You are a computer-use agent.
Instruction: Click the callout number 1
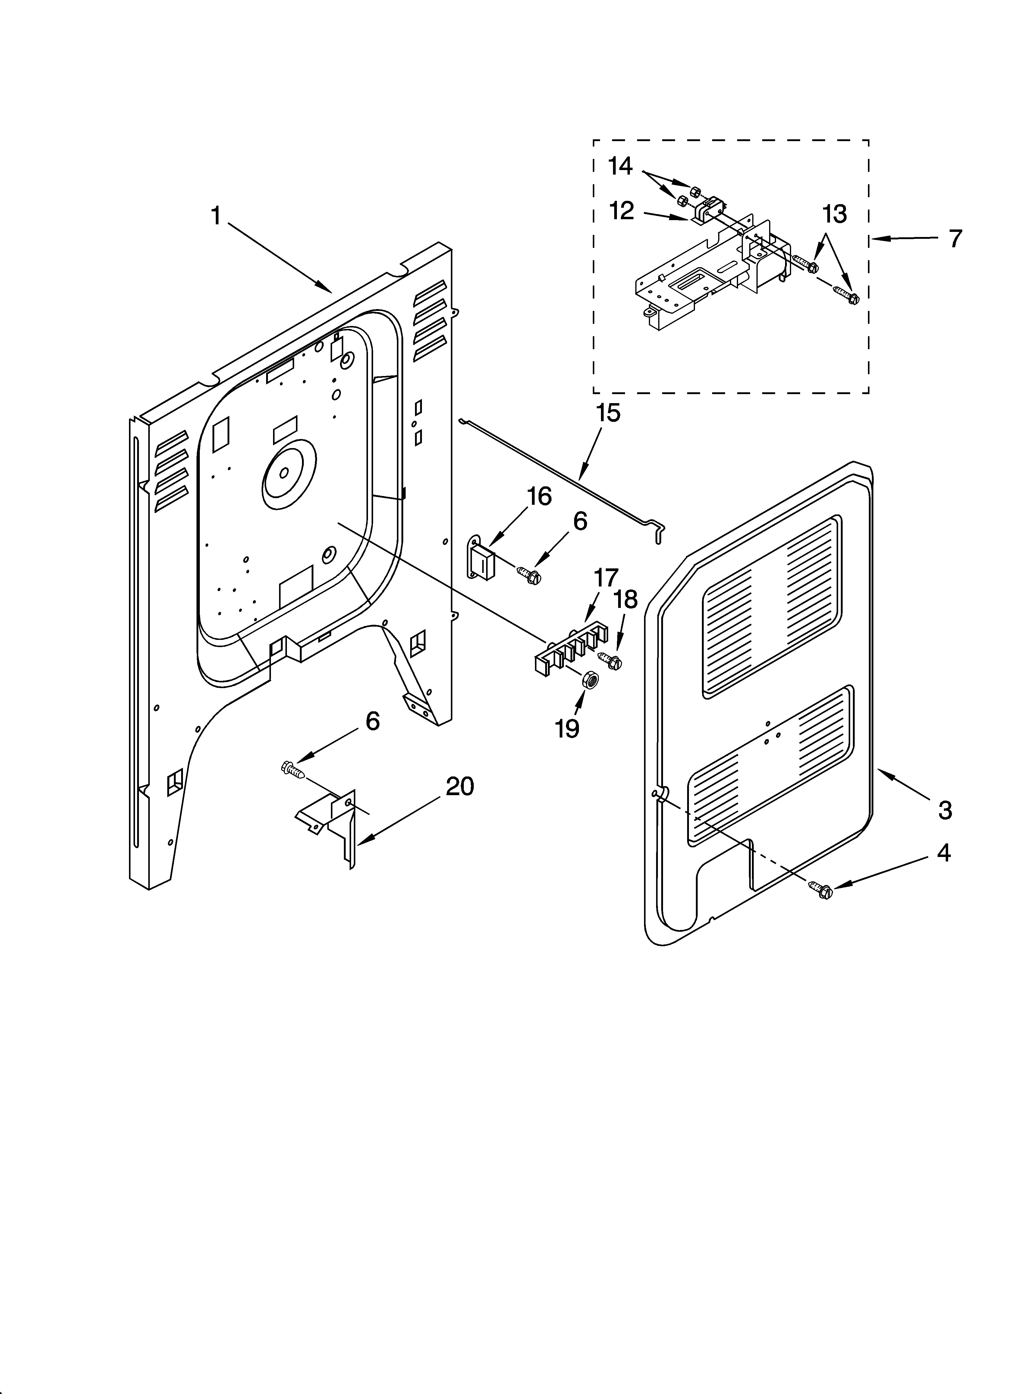click(x=216, y=217)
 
